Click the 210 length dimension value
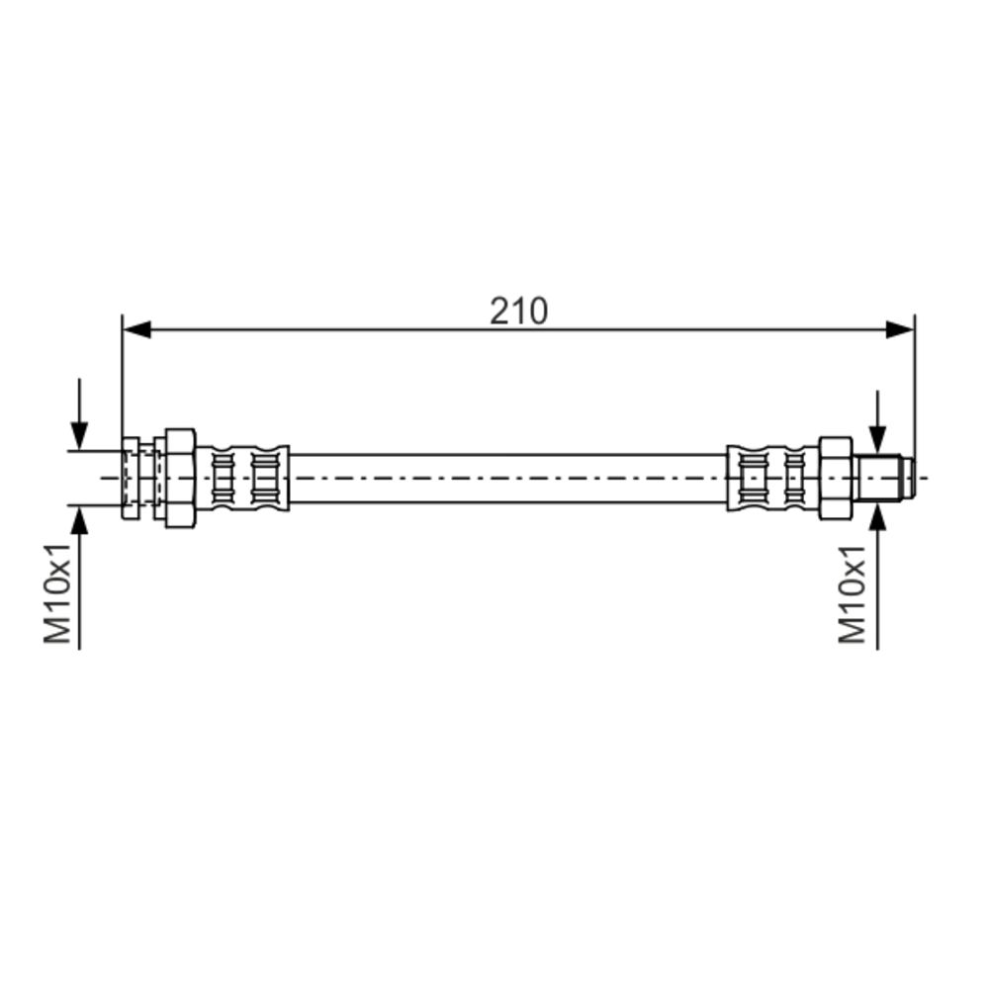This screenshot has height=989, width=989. [518, 311]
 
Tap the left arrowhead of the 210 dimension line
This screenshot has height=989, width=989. [136, 328]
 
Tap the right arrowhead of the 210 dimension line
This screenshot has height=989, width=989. [899, 328]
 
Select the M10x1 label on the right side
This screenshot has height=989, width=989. [852, 594]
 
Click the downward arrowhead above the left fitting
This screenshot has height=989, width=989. [79, 436]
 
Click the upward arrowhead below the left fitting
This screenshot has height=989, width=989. [79, 520]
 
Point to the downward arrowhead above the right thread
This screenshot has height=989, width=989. [877, 439]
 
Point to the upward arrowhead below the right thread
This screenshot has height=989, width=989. [877, 516]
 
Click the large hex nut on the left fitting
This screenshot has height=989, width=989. [180, 478]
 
